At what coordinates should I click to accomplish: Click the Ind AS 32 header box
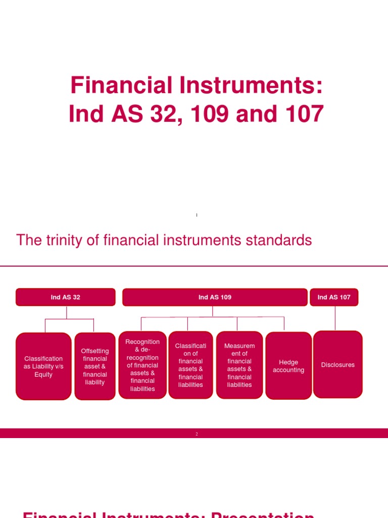tap(66, 297)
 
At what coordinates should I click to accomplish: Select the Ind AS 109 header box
tap(215, 297)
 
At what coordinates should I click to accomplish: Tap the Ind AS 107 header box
tap(334, 297)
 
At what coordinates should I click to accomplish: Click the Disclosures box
tap(338, 365)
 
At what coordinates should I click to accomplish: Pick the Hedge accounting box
tap(288, 366)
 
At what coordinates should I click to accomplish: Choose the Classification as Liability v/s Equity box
tap(43, 366)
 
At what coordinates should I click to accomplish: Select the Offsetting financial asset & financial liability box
tap(95, 366)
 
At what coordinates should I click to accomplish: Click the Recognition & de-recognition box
tap(142, 365)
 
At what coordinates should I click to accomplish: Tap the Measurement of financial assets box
tap(239, 365)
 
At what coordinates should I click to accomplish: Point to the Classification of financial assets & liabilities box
tap(190, 365)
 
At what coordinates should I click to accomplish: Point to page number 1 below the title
tap(197, 215)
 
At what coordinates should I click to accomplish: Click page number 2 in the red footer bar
tap(197, 434)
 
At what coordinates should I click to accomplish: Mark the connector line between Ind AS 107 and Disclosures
tap(335, 318)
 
